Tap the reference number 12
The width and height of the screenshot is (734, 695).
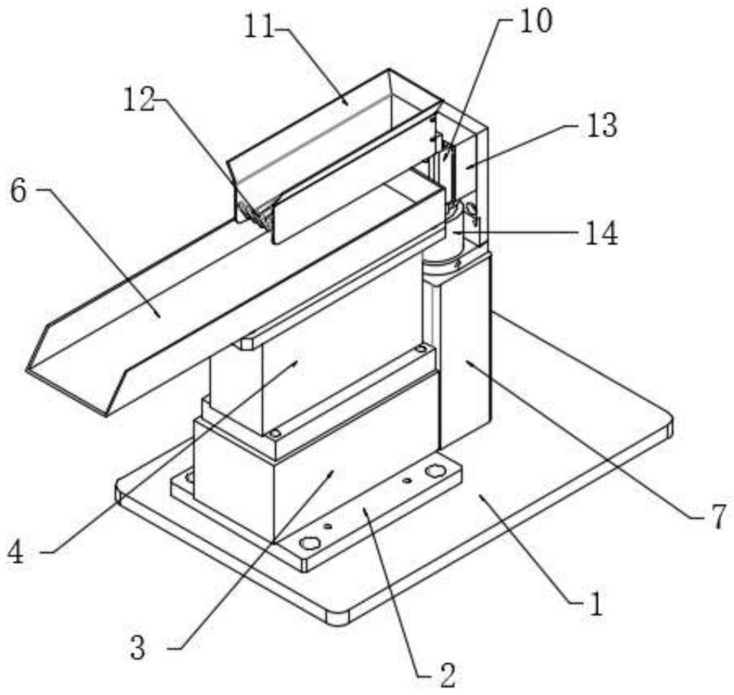(139, 101)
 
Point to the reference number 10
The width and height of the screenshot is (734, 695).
(536, 21)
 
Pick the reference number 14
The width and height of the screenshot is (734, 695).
(602, 234)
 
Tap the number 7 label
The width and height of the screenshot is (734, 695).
(718, 516)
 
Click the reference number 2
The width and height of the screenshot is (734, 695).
(447, 675)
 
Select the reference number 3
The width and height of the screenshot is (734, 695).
(137, 649)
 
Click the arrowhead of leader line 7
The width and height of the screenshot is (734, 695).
(466, 361)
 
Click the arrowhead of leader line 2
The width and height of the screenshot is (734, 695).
(364, 508)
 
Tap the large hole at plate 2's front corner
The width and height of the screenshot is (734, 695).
(310, 543)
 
